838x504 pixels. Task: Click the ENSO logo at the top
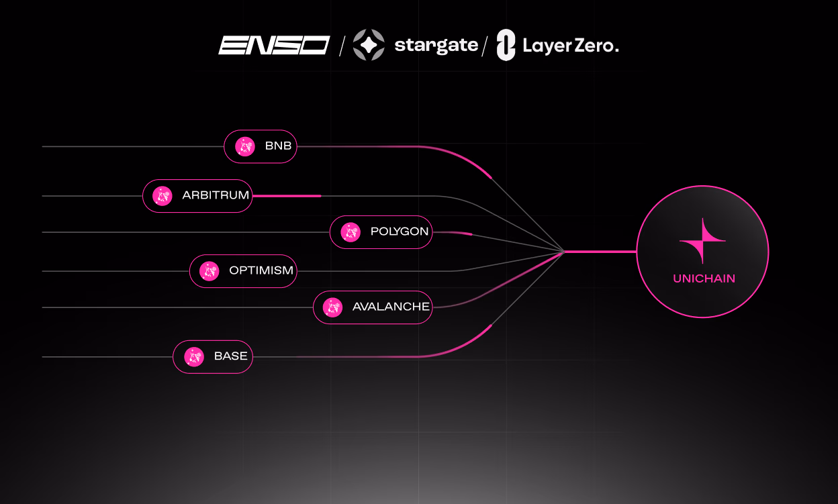[x=274, y=45]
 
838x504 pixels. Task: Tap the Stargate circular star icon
[x=369, y=45]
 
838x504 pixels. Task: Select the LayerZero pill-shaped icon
[x=506, y=45]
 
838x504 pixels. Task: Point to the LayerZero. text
[x=571, y=46]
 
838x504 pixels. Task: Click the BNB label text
[x=278, y=146]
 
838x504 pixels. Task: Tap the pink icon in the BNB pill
[x=245, y=146]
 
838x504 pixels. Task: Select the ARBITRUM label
[x=216, y=195]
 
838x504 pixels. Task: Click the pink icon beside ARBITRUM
[x=162, y=196]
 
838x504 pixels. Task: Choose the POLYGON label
[x=399, y=232]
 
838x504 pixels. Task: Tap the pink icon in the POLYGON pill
[x=351, y=232]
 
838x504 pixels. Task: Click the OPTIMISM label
[x=261, y=270]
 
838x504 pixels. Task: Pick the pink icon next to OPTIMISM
[x=209, y=271]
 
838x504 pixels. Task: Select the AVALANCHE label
[x=391, y=307]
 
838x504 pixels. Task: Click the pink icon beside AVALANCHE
[x=332, y=307]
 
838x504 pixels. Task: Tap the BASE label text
[x=231, y=356]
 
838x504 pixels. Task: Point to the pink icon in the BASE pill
[x=194, y=356]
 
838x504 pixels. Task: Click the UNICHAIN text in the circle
[x=704, y=279]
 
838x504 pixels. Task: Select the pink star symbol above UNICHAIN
[x=702, y=241]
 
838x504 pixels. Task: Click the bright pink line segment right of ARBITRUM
[x=287, y=196]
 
